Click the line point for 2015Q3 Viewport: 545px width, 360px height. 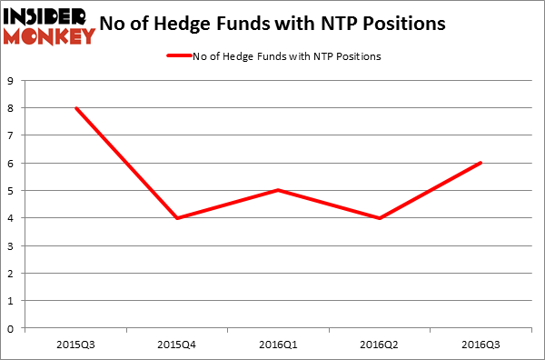point(75,108)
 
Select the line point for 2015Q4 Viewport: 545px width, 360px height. point(178,218)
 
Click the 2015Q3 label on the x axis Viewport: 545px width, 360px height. point(75,344)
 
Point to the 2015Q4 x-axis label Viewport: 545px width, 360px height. point(178,344)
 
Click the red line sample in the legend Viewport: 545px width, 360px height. point(178,57)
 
